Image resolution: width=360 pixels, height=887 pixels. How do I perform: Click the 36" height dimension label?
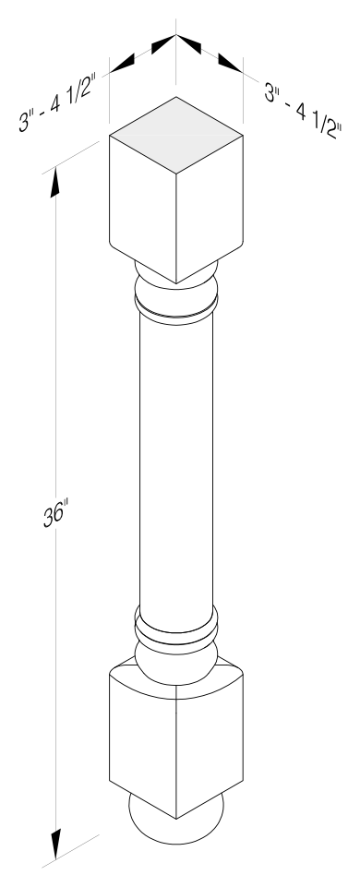[55, 515]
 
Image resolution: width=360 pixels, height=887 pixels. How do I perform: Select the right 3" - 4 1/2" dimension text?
[303, 111]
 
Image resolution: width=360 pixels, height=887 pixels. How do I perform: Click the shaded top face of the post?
[176, 135]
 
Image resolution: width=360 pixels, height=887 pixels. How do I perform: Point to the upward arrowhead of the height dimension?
[54, 184]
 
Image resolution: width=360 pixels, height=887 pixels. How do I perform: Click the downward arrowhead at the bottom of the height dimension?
[55, 844]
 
